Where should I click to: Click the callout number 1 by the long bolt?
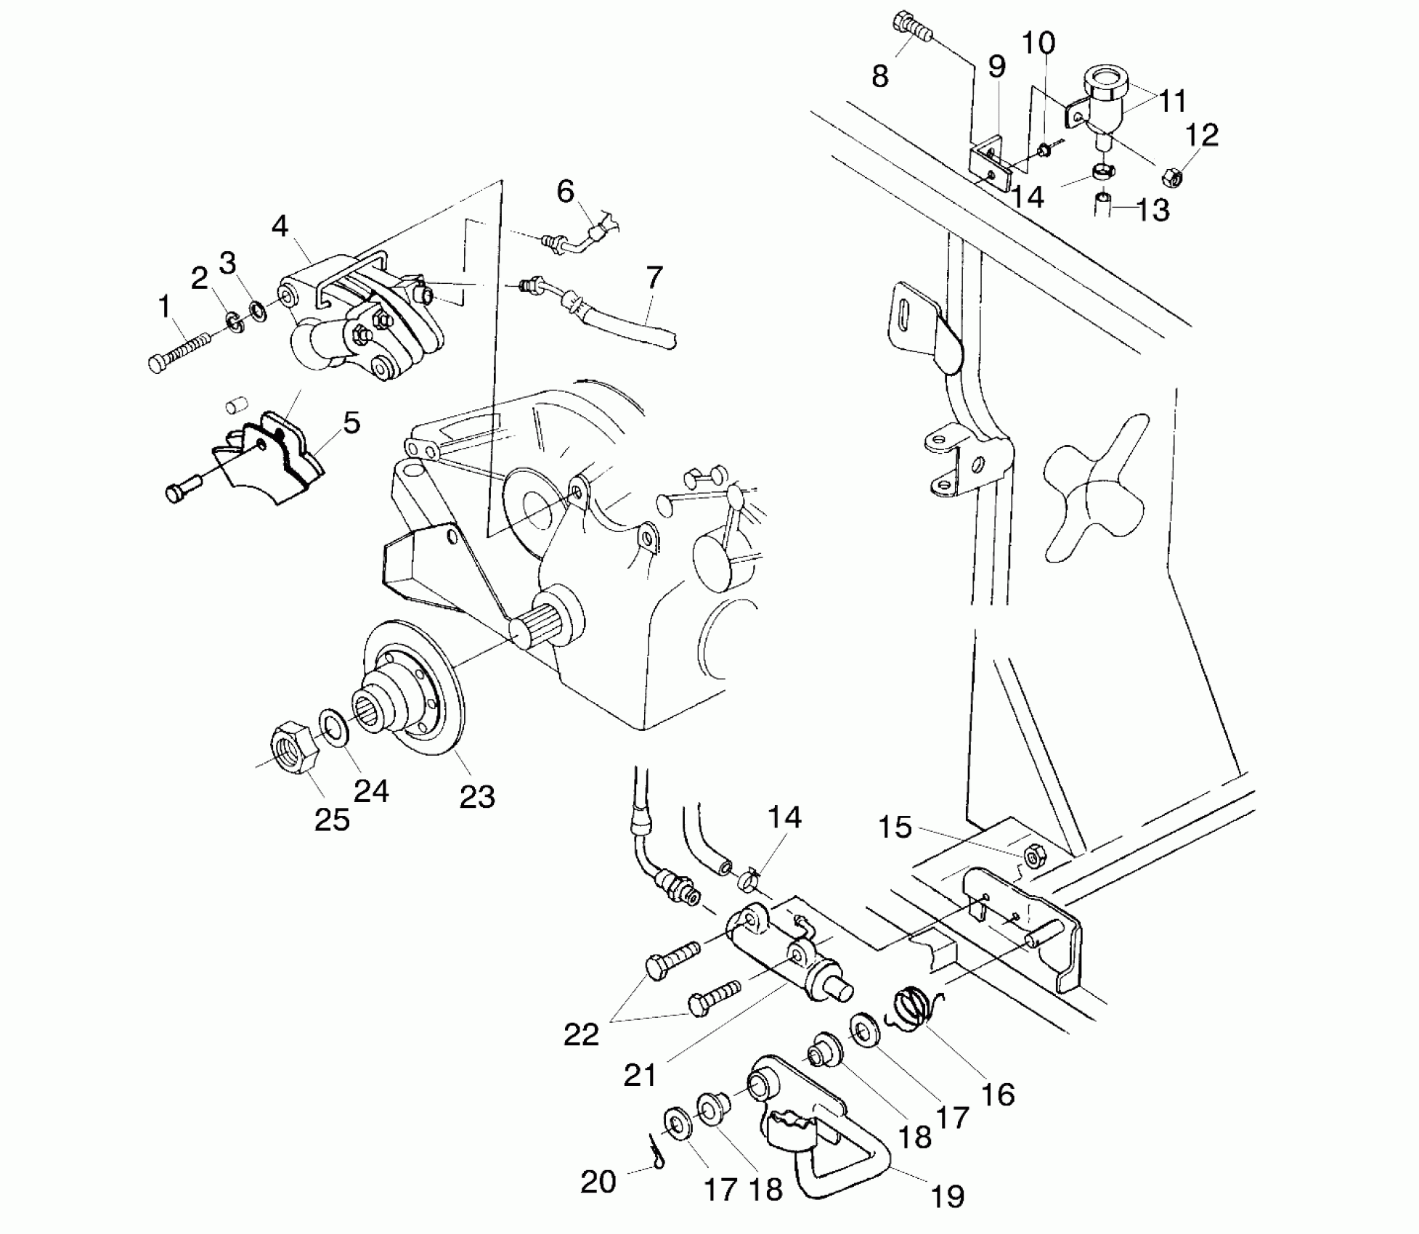click(165, 306)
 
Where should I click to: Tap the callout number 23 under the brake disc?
click(477, 796)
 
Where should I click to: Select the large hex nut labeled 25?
click(294, 748)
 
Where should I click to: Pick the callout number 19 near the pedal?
click(948, 1196)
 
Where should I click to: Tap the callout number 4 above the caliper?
click(280, 226)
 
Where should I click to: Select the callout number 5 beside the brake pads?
click(351, 422)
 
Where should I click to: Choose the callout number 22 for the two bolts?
click(581, 1034)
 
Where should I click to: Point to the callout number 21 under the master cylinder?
click(640, 1074)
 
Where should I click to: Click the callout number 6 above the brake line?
click(565, 192)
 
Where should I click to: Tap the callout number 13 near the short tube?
click(1152, 211)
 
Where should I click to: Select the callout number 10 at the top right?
click(1038, 44)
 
